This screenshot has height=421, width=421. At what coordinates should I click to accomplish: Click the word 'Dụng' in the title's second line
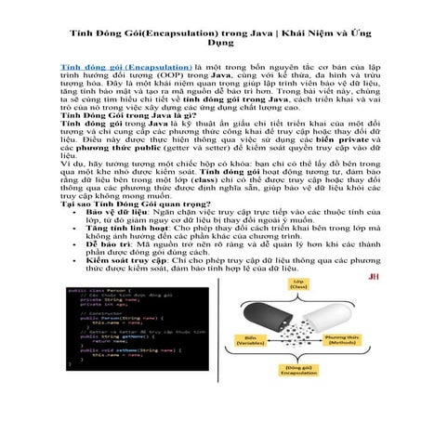211,44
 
